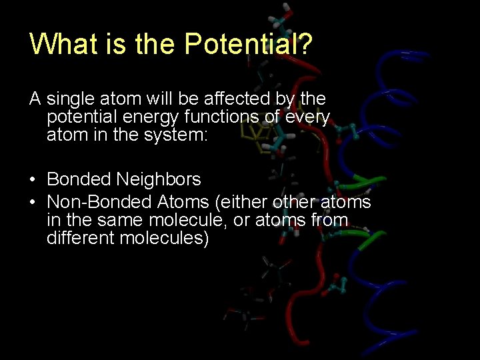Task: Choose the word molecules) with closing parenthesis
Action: [x=164, y=238]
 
